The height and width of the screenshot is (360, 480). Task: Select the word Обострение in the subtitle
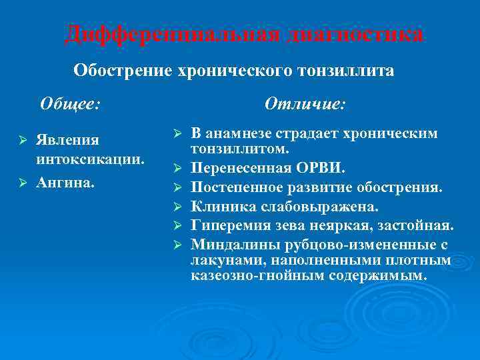(x=122, y=70)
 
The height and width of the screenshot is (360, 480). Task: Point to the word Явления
(x=67, y=140)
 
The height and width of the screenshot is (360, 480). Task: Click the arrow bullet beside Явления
(x=21, y=140)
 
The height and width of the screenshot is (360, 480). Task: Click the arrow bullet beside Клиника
(x=177, y=207)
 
